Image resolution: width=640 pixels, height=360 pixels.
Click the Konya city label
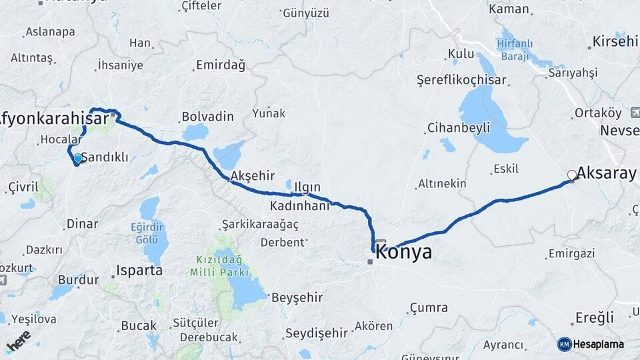click(404, 253)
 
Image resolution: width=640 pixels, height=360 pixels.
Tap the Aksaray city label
click(606, 173)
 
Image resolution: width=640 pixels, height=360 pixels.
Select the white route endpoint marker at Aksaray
click(571, 175)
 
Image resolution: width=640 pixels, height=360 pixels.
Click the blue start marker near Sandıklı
click(78, 159)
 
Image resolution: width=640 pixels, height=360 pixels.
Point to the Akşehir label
click(252, 176)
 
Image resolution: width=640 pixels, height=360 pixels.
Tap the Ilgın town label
click(308, 187)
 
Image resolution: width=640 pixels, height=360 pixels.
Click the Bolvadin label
click(207, 117)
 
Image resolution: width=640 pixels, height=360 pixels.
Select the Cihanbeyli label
click(459, 127)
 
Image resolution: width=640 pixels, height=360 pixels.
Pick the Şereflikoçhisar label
click(461, 80)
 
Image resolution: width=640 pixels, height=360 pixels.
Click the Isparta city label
click(139, 271)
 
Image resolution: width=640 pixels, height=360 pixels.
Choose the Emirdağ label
click(220, 65)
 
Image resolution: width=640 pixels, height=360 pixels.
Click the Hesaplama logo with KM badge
click(591, 344)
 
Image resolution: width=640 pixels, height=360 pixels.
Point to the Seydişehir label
click(317, 332)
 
